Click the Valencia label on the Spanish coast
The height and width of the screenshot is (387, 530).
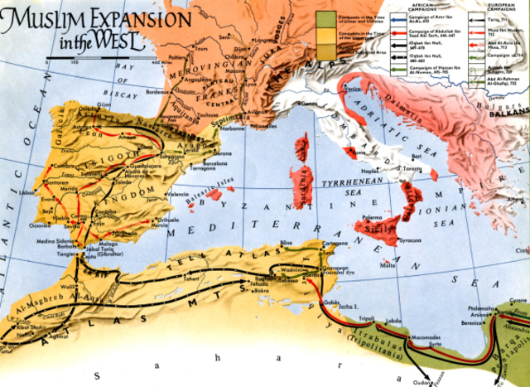tap(179, 194)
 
